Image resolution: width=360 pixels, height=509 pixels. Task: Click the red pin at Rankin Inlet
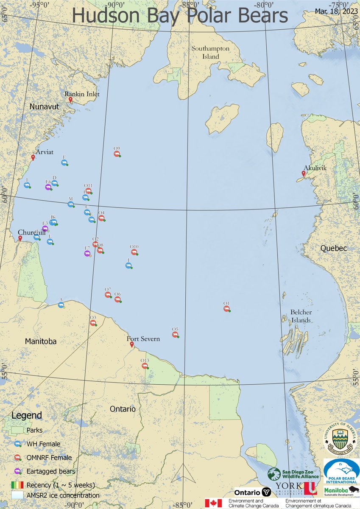[70, 100]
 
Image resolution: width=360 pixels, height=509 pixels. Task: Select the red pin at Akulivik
[304, 173]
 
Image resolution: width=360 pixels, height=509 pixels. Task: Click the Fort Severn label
[144, 339]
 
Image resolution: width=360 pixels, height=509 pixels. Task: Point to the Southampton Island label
[210, 53]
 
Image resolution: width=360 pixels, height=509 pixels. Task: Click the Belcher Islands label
[301, 316]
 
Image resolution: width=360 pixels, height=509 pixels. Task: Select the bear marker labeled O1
[227, 308]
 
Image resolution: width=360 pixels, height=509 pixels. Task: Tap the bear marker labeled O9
[117, 154]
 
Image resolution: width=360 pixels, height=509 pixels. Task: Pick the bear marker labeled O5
[175, 335]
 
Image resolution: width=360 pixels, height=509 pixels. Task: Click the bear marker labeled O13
[145, 365]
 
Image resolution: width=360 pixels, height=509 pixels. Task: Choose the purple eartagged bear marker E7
[87, 253]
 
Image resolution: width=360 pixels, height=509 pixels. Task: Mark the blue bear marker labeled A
[61, 304]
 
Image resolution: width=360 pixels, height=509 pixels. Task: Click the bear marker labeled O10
[134, 252]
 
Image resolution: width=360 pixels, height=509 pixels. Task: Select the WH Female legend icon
[18, 444]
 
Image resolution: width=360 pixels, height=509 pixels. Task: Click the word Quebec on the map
[334, 248]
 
